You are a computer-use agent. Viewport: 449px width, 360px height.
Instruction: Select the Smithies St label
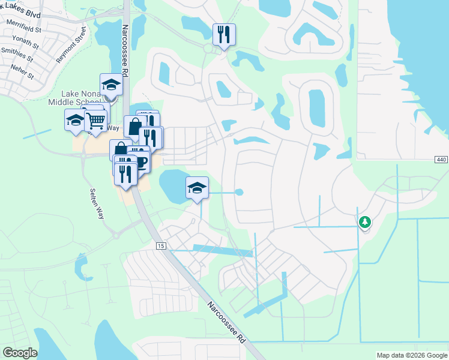[19, 56]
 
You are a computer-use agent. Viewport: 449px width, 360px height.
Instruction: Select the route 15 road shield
[160, 246]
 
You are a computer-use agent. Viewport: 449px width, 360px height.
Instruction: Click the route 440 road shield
[441, 159]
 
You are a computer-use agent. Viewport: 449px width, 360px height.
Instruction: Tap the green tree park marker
[364, 222]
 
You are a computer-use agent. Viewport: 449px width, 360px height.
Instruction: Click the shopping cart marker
[96, 121]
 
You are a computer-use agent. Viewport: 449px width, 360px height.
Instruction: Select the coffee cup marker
[140, 161]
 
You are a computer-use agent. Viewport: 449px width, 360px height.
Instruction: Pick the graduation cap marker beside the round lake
[197, 187]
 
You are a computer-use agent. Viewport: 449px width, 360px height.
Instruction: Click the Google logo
[19, 353]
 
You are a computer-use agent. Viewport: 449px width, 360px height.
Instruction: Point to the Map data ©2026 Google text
[411, 355]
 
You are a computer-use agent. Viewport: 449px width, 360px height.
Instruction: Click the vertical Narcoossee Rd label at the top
[125, 50]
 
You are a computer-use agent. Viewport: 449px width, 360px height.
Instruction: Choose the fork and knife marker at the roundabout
[224, 34]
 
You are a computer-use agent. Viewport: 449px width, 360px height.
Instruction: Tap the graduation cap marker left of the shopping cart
[76, 120]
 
